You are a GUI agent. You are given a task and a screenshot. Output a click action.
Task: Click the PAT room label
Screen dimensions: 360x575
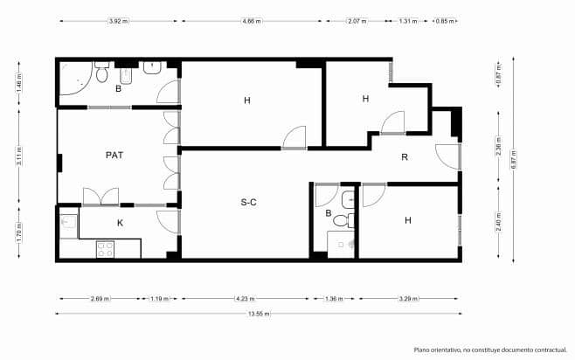[x=114, y=155]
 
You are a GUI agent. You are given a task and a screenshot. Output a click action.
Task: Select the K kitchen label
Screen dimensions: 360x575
[x=120, y=223]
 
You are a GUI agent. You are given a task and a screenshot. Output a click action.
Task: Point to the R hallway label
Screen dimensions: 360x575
[x=405, y=157]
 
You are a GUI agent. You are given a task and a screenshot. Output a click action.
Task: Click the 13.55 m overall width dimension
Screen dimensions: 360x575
[x=260, y=314]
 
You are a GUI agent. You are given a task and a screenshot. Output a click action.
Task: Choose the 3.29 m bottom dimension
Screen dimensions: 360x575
[x=410, y=299]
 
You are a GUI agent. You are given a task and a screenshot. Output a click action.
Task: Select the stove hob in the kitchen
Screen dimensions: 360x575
[x=105, y=247]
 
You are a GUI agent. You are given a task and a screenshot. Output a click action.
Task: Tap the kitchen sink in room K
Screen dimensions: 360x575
[x=68, y=224]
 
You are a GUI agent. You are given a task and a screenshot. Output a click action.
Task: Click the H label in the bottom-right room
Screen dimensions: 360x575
[x=408, y=221]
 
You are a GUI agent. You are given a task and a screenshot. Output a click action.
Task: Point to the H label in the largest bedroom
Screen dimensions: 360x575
[x=247, y=101]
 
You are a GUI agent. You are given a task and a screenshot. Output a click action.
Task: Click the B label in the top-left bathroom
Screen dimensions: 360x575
[x=118, y=88]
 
